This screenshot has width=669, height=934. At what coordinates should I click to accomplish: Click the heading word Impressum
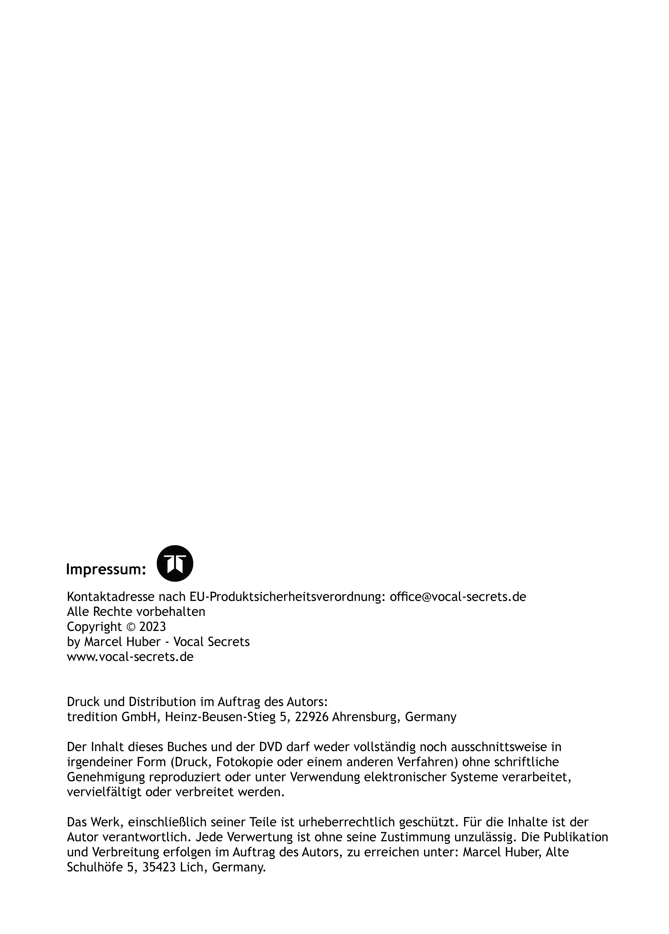(x=106, y=570)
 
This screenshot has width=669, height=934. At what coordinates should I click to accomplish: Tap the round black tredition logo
(x=175, y=563)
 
